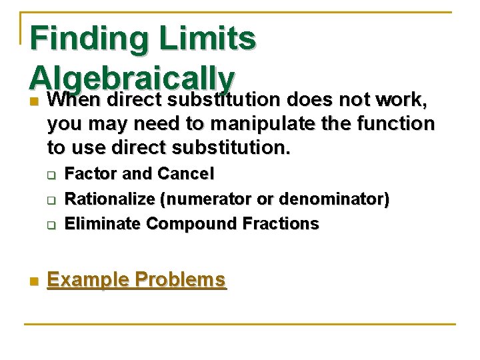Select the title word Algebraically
click(x=131, y=79)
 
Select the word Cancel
click(x=185, y=174)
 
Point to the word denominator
click(x=335, y=199)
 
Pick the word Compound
click(x=186, y=224)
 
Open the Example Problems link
click(x=137, y=279)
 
